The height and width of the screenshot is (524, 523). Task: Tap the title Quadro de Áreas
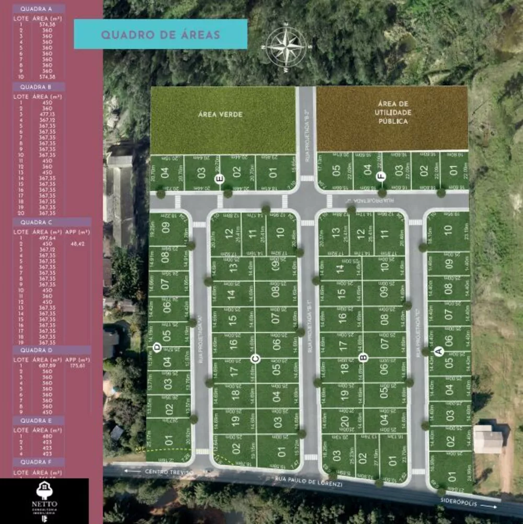click(x=160, y=35)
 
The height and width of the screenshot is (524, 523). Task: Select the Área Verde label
click(x=223, y=114)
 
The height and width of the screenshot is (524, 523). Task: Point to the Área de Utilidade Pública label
click(x=392, y=113)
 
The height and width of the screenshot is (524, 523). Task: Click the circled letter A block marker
click(x=440, y=352)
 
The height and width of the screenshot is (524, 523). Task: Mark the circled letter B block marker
click(x=364, y=358)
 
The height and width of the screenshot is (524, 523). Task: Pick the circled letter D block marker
click(x=156, y=347)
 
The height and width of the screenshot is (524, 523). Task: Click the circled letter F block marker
click(x=381, y=177)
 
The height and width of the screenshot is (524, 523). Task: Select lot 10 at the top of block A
click(x=448, y=231)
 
